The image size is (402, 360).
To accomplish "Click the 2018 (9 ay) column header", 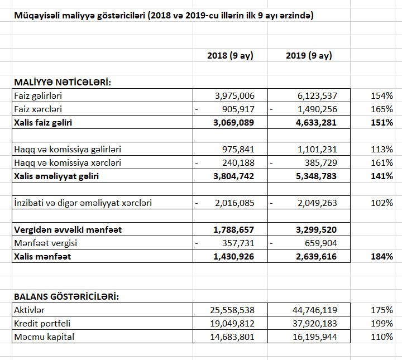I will [230, 55].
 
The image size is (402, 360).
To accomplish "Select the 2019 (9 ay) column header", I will [309, 55].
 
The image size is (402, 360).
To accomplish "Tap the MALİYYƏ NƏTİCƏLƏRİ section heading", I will [62, 83].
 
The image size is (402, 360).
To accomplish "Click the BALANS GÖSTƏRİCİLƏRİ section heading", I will [66, 296].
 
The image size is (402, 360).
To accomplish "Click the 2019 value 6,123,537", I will [313, 96].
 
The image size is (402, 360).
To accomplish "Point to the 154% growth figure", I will [381, 96].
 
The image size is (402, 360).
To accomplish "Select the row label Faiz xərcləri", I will [37, 109].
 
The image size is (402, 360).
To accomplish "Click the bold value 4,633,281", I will [313, 123].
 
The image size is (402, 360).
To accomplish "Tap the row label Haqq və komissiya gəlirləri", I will [68, 150].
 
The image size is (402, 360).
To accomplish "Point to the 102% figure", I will [381, 203].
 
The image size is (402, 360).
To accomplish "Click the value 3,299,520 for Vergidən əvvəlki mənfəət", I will [313, 230].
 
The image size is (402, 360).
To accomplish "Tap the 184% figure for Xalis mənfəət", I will [381, 257].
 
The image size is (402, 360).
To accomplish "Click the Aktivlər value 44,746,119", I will [311, 310].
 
